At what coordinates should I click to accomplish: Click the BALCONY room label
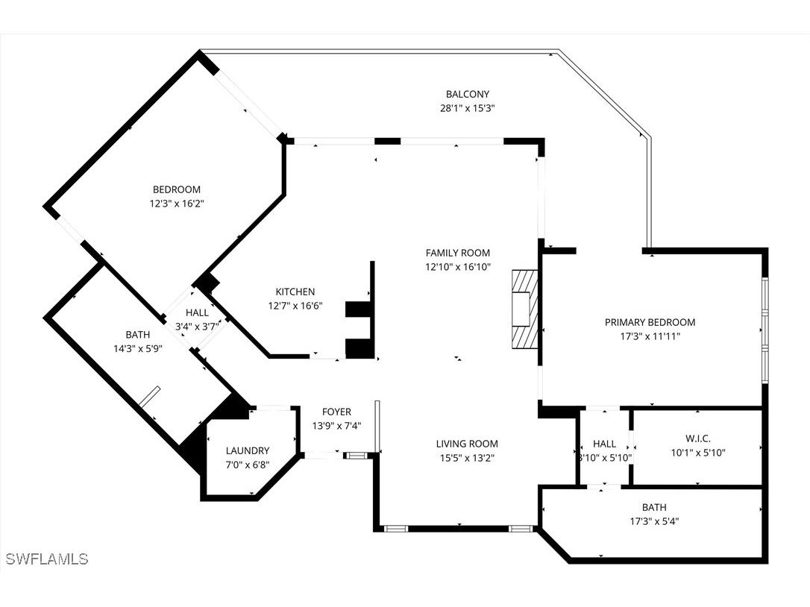(x=468, y=94)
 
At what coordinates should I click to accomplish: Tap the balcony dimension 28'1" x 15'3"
(x=468, y=108)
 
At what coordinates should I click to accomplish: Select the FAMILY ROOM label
(x=458, y=253)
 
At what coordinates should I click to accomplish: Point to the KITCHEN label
(x=295, y=292)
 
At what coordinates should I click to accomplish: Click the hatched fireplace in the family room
(x=524, y=307)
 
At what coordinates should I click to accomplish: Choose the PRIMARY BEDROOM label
(x=650, y=322)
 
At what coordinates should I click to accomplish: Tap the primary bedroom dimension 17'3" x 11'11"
(x=650, y=336)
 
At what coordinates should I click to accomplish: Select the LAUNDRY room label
(x=248, y=450)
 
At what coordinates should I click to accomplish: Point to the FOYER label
(x=336, y=412)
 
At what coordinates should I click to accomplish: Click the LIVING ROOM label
(x=467, y=444)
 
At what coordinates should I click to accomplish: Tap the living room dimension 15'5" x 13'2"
(x=467, y=458)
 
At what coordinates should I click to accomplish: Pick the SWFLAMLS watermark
(x=46, y=559)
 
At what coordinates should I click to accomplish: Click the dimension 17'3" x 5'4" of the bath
(x=653, y=521)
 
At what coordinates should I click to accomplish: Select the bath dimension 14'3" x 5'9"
(x=137, y=349)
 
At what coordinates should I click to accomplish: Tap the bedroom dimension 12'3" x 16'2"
(x=177, y=203)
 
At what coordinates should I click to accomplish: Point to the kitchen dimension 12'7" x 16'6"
(x=295, y=306)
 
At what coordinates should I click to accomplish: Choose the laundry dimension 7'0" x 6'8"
(x=248, y=465)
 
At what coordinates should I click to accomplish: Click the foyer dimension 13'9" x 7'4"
(x=336, y=426)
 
